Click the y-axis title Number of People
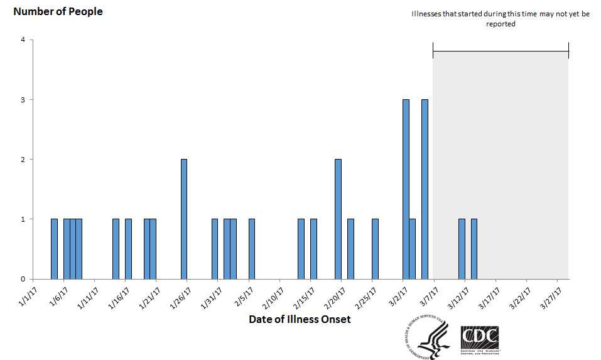[x=58, y=11]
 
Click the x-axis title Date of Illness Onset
[x=300, y=319]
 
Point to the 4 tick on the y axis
[x=23, y=40]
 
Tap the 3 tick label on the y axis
[x=23, y=100]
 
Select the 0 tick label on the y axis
[x=23, y=279]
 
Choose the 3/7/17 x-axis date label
[x=427, y=295]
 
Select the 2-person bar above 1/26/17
[x=184, y=219]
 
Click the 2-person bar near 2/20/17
[x=338, y=219]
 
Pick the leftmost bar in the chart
[x=54, y=249]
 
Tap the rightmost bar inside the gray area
[x=474, y=249]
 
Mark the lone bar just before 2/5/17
[x=252, y=249]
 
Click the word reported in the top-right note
[x=501, y=24]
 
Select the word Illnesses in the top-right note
[x=426, y=14]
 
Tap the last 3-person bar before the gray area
[x=425, y=189]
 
